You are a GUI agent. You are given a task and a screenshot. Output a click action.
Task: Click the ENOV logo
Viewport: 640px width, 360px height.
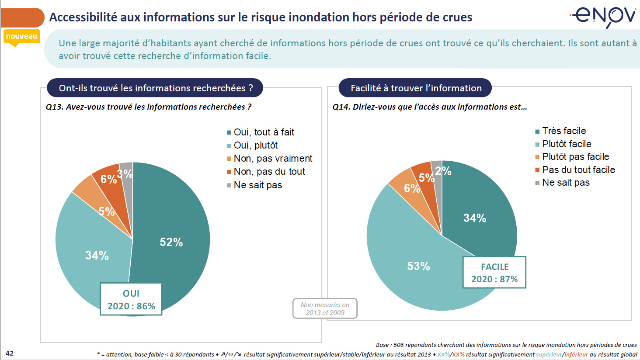click(604, 16)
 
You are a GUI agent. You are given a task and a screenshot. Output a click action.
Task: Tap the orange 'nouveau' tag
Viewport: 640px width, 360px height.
click(22, 37)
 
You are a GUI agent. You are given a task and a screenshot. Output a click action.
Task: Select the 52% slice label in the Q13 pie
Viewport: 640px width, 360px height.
click(171, 242)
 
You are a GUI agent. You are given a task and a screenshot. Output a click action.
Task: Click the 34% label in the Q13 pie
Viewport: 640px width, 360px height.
click(97, 255)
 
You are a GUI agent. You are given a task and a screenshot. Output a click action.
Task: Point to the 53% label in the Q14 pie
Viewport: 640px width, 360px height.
click(418, 266)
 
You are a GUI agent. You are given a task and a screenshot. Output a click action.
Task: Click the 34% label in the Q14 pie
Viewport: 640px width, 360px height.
click(475, 218)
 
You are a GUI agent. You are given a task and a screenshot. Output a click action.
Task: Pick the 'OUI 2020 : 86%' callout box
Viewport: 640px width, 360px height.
click(131, 299)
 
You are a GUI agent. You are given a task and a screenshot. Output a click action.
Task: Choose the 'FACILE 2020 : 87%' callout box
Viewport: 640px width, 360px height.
click(494, 273)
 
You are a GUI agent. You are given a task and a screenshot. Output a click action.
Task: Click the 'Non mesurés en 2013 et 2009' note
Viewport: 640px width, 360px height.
click(325, 308)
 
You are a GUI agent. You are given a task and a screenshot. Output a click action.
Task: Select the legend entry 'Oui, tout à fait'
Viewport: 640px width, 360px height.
click(264, 132)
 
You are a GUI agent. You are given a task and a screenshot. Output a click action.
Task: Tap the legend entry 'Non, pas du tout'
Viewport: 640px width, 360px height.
click(269, 171)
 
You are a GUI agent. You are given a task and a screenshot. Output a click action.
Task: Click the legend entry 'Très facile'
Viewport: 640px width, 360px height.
click(563, 131)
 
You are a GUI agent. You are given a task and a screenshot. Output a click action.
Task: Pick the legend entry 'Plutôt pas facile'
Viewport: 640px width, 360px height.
click(575, 156)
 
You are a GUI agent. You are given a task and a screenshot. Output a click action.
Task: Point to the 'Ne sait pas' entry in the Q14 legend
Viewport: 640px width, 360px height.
click(566, 182)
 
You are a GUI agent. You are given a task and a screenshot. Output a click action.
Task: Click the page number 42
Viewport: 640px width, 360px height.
click(10, 353)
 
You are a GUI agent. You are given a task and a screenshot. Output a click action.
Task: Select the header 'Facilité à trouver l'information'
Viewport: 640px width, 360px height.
click(416, 88)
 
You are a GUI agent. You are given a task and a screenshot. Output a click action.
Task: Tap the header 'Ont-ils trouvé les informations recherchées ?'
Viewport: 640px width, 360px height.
click(156, 88)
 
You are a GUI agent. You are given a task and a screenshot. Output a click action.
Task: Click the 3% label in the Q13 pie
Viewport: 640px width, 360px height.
click(125, 174)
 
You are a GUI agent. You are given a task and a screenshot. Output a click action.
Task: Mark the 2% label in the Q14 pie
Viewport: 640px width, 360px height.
click(443, 171)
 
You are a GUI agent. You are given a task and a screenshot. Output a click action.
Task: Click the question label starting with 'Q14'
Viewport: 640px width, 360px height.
click(429, 107)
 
